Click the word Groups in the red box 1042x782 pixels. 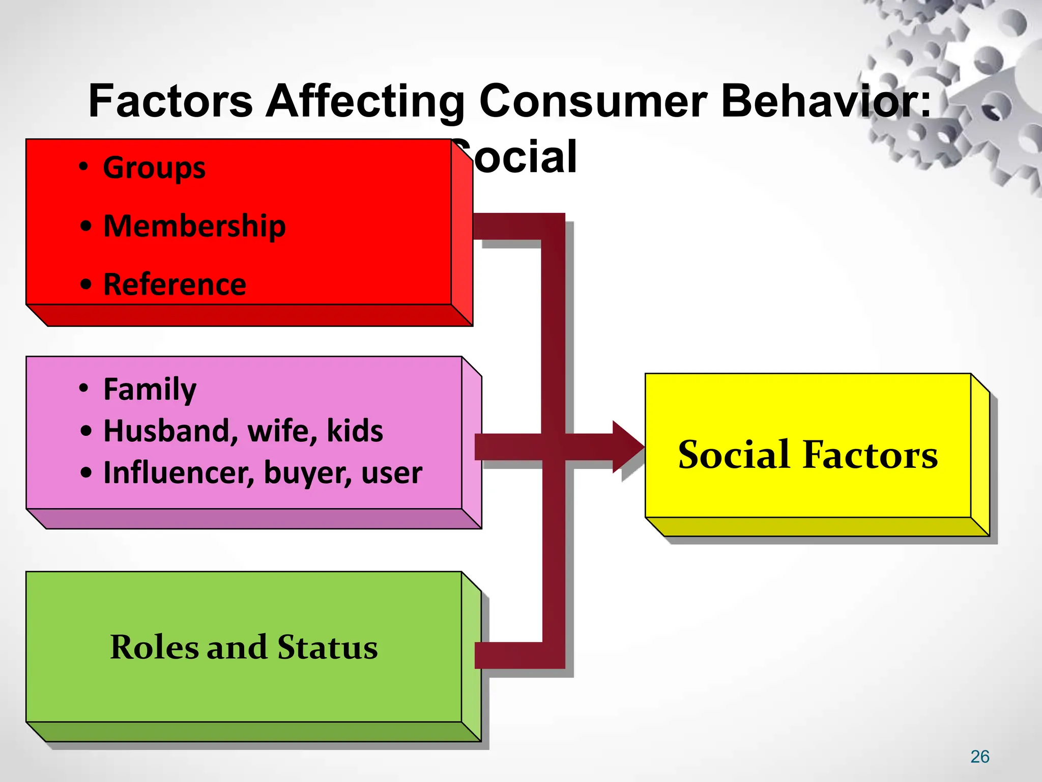(x=154, y=168)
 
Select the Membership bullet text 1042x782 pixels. (x=194, y=226)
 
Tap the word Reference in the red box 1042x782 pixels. (x=175, y=284)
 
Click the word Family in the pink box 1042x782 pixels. (x=150, y=389)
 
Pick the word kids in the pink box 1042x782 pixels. (x=355, y=431)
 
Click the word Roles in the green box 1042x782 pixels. (x=155, y=648)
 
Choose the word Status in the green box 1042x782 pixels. (x=327, y=648)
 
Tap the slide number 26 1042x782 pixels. (x=979, y=757)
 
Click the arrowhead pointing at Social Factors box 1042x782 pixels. (x=629, y=447)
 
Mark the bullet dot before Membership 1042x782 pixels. (x=86, y=227)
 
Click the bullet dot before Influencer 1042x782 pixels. (x=86, y=473)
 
